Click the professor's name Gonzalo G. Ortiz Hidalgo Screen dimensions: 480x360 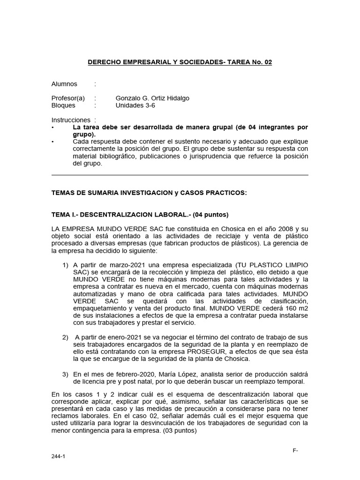click(x=152, y=98)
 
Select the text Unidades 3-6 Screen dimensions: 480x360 click(x=135, y=105)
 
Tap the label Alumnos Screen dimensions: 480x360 click(x=64, y=84)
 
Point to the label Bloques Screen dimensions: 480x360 click(x=63, y=105)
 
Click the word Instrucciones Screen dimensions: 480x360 click(x=70, y=120)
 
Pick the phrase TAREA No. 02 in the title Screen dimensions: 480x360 click(x=249, y=62)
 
